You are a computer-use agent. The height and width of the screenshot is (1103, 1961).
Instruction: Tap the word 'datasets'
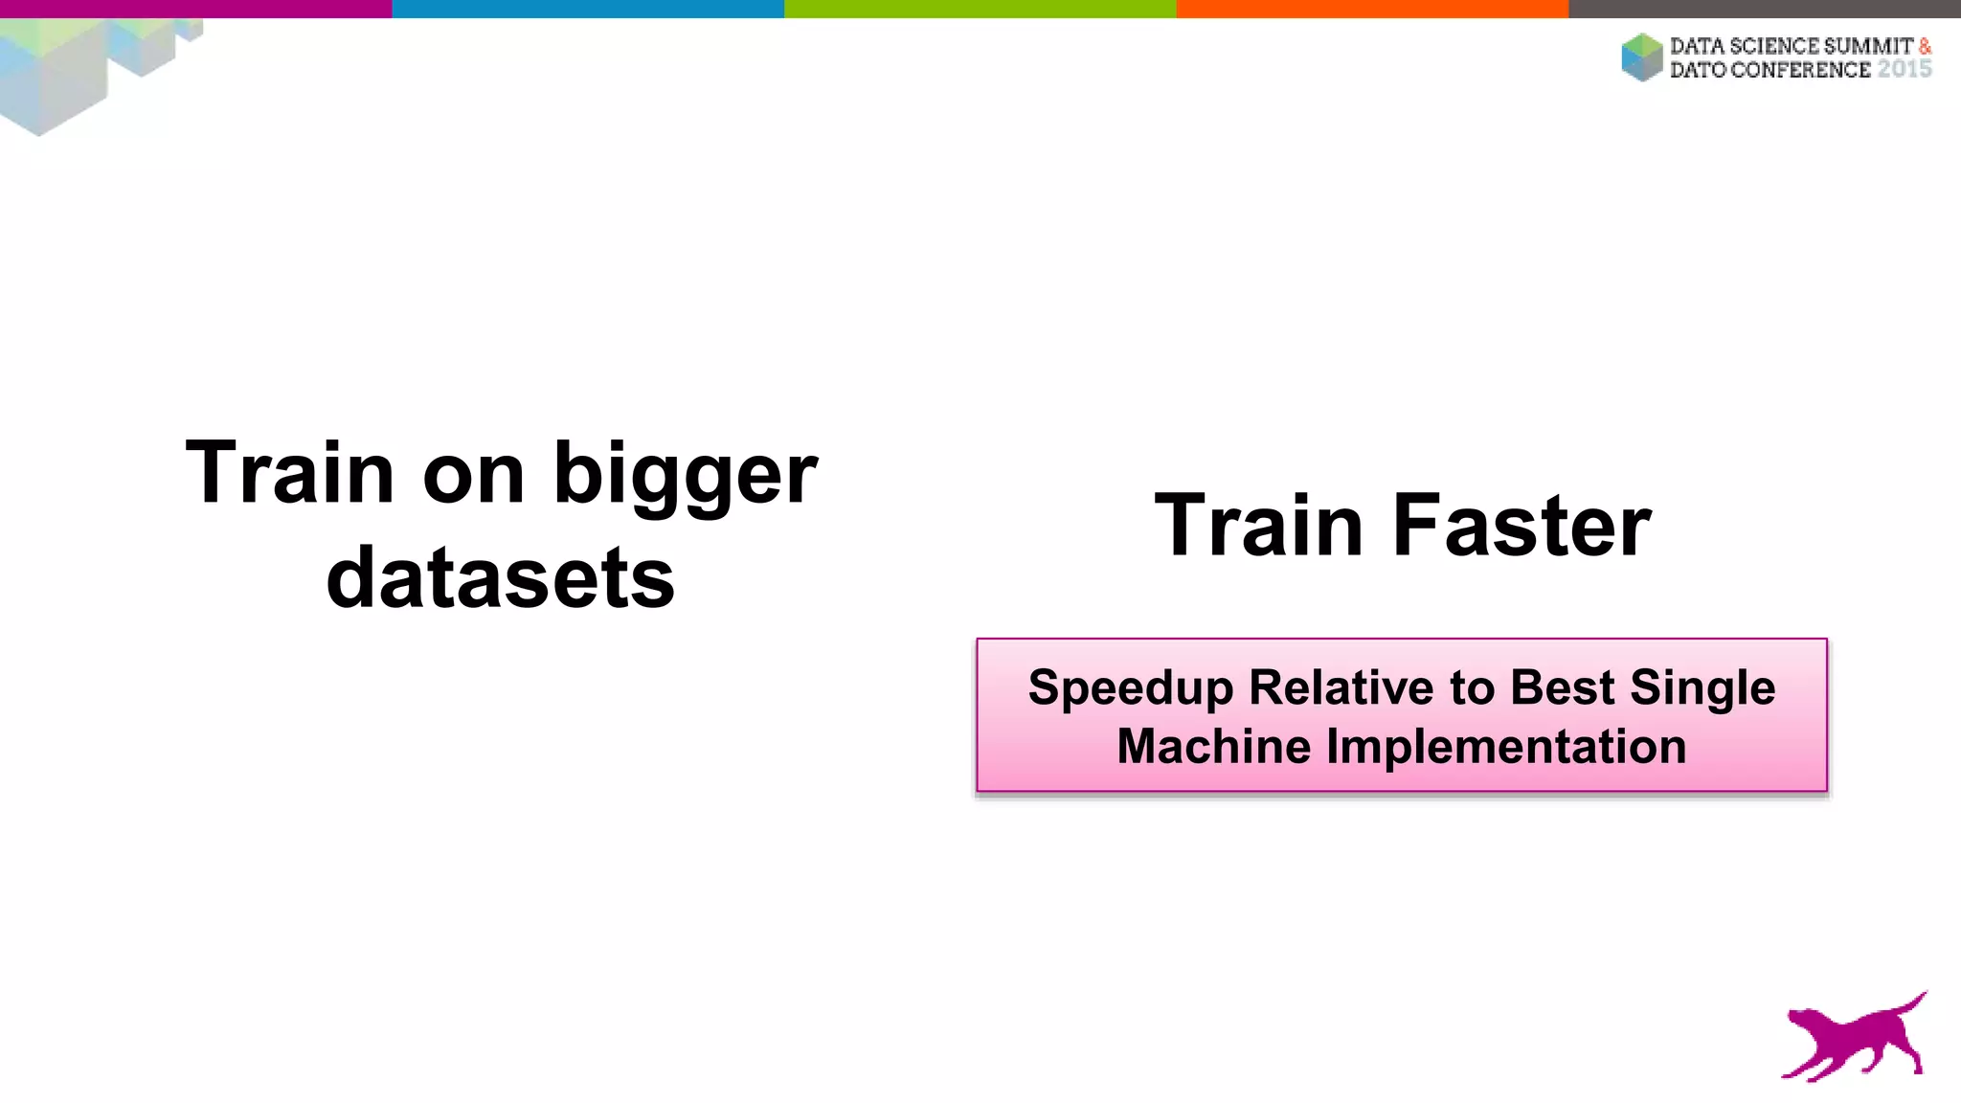pyautogui.click(x=500, y=577)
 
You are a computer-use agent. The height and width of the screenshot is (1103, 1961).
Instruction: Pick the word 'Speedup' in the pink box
pyautogui.click(x=1130, y=688)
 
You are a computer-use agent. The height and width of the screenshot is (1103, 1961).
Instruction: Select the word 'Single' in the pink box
pyautogui.click(x=1702, y=688)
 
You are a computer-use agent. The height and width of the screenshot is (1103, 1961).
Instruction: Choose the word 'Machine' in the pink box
pyautogui.click(x=1213, y=746)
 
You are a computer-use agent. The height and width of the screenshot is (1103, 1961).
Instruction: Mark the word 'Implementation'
pyautogui.click(x=1506, y=747)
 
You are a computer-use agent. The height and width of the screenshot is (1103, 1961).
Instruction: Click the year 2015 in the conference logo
pyautogui.click(x=1904, y=69)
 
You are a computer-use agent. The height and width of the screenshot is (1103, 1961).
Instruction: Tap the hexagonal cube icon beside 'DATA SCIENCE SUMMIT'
pyautogui.click(x=1642, y=57)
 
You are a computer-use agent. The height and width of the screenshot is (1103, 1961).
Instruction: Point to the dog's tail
pyautogui.click(x=1909, y=1001)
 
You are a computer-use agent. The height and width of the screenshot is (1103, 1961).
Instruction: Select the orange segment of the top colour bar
pyautogui.click(x=1372, y=9)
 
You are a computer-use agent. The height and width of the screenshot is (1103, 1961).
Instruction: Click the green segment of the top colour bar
pyautogui.click(x=980, y=9)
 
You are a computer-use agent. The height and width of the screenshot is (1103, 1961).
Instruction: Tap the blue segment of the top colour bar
pyautogui.click(x=588, y=9)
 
